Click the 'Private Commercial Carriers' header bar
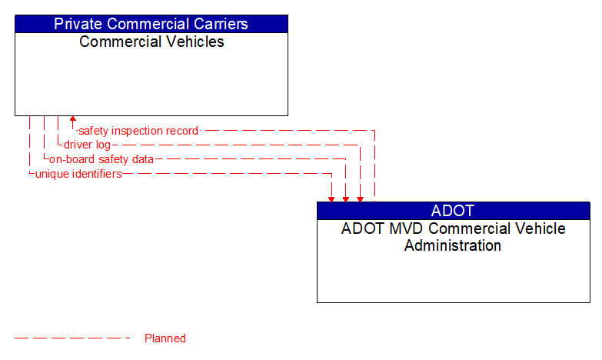[x=151, y=23]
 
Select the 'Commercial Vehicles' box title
[x=151, y=42]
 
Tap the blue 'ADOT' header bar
[x=453, y=211]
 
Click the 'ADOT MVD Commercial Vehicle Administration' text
[x=453, y=237]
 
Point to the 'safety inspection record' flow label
[x=138, y=131]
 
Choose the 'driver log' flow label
[x=87, y=145]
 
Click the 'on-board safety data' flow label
[x=101, y=159]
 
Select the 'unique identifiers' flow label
[x=78, y=174]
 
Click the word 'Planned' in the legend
[x=165, y=338]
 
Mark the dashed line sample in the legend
[x=73, y=338]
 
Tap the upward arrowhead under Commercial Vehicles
[x=73, y=120]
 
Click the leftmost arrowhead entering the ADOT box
[x=331, y=198]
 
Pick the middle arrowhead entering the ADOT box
[x=346, y=198]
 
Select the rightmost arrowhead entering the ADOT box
[x=360, y=198]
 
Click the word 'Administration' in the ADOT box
[x=453, y=246]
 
